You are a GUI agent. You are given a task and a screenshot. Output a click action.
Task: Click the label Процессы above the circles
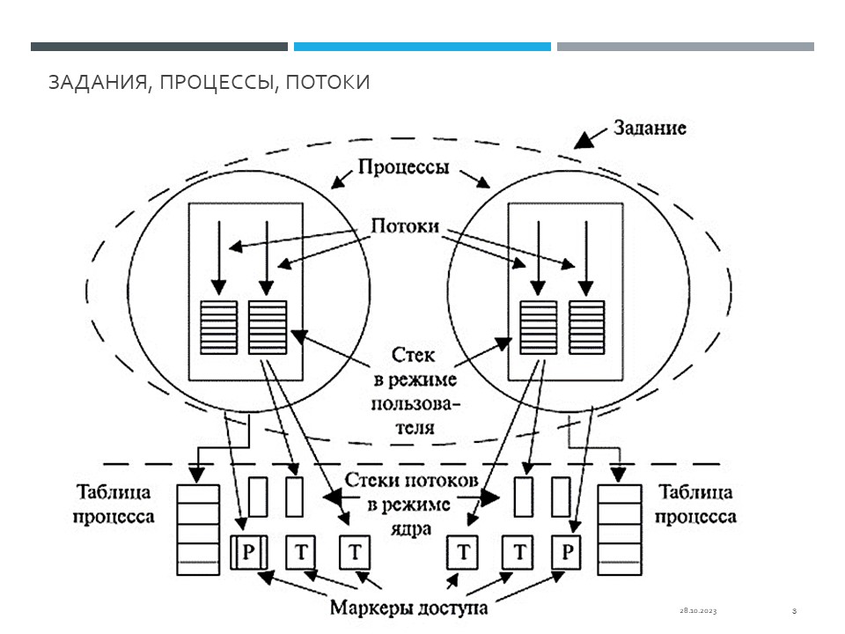tap(404, 167)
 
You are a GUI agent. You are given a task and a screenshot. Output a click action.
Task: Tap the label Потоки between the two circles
tap(405, 225)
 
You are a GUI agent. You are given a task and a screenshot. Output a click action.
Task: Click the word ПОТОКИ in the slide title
tap(327, 83)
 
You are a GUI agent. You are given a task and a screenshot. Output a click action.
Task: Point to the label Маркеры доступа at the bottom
tap(408, 607)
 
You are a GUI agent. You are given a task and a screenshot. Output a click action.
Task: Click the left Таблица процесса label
tap(114, 505)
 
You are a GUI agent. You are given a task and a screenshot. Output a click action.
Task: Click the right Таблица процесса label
tap(696, 505)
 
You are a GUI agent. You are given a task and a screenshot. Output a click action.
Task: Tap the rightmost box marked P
tap(568, 553)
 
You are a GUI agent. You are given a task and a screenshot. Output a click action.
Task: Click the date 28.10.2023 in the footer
tap(697, 610)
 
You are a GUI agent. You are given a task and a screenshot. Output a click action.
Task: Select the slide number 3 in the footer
tap(794, 610)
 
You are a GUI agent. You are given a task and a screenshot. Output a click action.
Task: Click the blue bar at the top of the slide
tap(422, 47)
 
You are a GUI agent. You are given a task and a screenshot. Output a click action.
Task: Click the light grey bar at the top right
tap(685, 47)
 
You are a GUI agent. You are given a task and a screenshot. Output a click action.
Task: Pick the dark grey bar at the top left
tap(158, 47)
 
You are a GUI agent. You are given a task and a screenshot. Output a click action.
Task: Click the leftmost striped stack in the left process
tap(218, 327)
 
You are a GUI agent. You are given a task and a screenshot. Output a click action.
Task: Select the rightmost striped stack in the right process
tap(586, 327)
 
